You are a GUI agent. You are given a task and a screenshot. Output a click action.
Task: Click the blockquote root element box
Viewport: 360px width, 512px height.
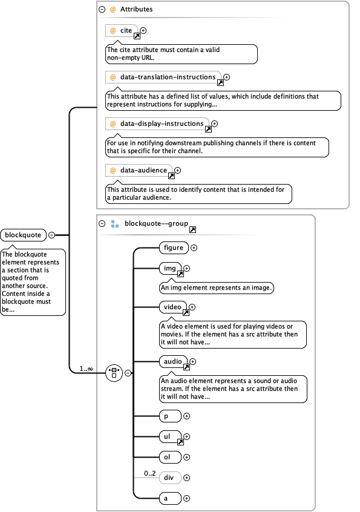click(24, 235)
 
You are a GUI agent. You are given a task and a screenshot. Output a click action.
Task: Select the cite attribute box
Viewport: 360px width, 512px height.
click(122, 30)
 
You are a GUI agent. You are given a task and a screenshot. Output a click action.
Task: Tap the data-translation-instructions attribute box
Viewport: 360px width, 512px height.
click(163, 77)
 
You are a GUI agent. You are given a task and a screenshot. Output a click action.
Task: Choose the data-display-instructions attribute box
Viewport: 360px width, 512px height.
click(157, 124)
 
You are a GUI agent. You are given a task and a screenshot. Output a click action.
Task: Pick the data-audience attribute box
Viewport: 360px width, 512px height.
click(139, 171)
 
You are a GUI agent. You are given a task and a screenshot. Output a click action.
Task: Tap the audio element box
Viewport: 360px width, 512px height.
click(173, 362)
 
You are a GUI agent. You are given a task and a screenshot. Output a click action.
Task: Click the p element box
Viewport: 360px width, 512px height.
click(169, 416)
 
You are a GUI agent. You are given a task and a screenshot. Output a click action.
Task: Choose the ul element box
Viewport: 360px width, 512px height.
click(169, 436)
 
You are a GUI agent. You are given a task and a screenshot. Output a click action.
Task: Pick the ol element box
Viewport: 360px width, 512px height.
click(169, 457)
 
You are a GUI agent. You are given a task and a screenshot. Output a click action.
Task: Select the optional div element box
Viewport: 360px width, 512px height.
click(169, 478)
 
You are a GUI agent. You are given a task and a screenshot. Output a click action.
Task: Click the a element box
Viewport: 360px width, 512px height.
click(169, 498)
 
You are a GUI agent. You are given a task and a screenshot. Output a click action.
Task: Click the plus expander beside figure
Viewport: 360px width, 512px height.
click(194, 248)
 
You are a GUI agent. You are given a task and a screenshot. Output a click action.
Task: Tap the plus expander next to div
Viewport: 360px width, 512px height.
click(187, 478)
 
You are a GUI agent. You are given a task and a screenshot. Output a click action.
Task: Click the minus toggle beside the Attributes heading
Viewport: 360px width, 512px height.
click(102, 10)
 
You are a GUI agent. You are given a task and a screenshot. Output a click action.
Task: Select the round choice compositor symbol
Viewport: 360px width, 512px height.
click(114, 373)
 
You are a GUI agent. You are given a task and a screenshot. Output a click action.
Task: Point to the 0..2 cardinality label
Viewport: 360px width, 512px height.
click(149, 473)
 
